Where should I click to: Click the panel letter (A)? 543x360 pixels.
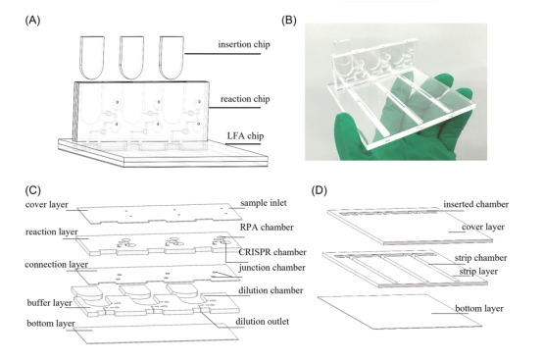pos(33,21)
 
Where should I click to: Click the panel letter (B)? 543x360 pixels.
pos(289,21)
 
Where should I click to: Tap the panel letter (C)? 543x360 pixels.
pos(33,190)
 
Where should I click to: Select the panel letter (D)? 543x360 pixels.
pos(320,190)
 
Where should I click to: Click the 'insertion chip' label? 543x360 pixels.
pos(244,44)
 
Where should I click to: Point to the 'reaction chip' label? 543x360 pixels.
pos(245,99)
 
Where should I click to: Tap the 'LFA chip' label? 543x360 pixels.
pos(245,135)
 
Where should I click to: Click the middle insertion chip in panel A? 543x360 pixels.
pos(131,58)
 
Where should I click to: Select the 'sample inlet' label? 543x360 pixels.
pos(264,203)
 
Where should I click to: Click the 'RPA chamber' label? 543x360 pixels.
pos(267,228)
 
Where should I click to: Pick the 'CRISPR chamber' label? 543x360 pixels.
pos(272,252)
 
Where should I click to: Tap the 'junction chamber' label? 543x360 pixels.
pos(272,268)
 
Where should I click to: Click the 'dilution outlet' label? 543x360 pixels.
pos(262,322)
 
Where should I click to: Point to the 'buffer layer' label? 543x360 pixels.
pos(50,303)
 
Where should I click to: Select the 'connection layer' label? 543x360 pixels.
pos(57,265)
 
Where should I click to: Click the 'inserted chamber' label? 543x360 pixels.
pos(476,204)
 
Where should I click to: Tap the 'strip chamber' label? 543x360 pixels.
pos(480,258)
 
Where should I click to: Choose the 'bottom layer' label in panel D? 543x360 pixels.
pos(479,308)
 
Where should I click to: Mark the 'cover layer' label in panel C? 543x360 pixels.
pos(47,205)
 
